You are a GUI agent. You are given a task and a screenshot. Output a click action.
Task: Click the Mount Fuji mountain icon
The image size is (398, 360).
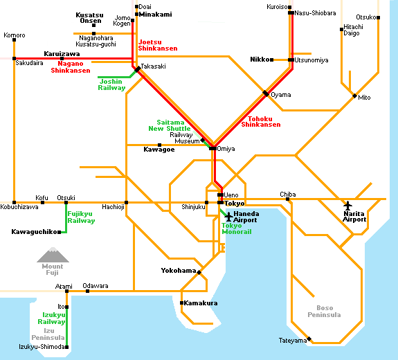[x=53, y=255]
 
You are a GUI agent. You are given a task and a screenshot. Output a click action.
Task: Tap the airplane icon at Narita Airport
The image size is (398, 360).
[x=347, y=206]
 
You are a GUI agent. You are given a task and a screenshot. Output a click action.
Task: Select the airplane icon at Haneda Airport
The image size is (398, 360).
[x=228, y=217]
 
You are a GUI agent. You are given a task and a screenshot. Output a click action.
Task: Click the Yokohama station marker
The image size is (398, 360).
[x=199, y=272]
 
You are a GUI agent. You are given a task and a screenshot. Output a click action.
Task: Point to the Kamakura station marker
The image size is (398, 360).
[x=181, y=303]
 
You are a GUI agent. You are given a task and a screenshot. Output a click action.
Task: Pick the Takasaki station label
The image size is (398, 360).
[x=153, y=66]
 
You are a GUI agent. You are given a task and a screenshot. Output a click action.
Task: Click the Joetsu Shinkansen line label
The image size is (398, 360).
[x=158, y=45]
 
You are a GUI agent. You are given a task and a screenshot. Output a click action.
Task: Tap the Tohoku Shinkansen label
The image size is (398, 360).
[x=261, y=122]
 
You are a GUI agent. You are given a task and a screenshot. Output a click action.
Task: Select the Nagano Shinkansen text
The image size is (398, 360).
[x=71, y=67]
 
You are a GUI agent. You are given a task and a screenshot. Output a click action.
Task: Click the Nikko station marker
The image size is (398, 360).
[x=272, y=60]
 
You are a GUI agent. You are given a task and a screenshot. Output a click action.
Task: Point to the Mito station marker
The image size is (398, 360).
[x=354, y=96]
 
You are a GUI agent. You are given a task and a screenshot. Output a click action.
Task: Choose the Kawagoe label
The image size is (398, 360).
[x=159, y=150]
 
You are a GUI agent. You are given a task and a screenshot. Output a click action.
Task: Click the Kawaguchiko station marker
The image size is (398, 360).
[x=59, y=232]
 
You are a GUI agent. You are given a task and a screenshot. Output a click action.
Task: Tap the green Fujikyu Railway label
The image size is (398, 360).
[x=81, y=217]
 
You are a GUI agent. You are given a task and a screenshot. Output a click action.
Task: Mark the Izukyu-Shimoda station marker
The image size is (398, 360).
[x=66, y=347]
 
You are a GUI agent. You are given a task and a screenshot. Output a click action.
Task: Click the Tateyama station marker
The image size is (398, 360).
[x=309, y=339]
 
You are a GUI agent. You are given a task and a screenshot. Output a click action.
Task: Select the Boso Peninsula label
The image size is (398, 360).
[x=324, y=312]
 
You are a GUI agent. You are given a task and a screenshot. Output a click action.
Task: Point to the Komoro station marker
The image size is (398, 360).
[x=15, y=40]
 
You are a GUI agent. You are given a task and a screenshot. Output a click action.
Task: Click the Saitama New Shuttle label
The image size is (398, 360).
[x=170, y=125]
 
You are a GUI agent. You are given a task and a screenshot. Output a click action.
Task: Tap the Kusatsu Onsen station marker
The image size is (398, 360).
[x=93, y=26]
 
